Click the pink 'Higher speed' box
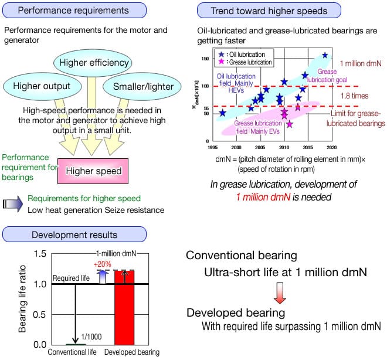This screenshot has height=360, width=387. pyautogui.click(x=94, y=171)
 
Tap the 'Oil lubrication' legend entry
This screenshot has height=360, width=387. pyautogui.click(x=237, y=53)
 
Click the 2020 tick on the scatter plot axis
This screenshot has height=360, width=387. pyautogui.click(x=332, y=147)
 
